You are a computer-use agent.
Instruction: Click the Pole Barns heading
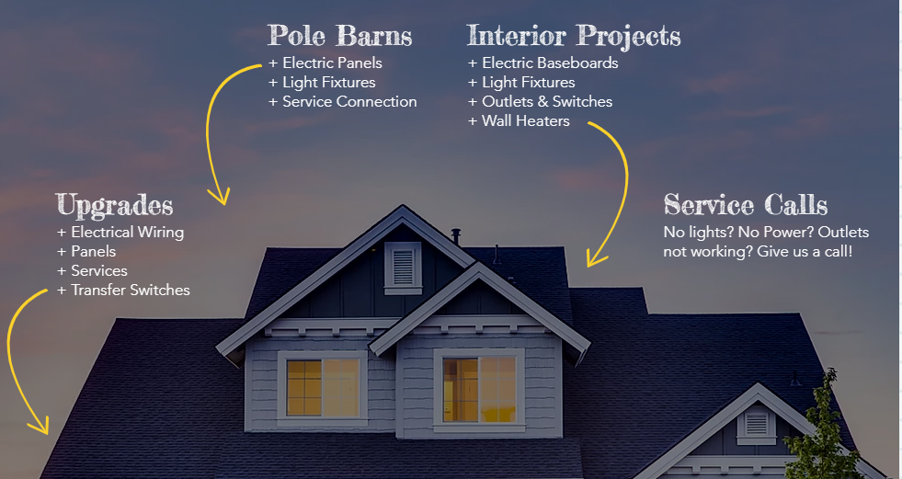click(340, 36)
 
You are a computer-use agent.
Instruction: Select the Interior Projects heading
click(574, 36)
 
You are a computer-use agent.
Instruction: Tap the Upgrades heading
click(115, 206)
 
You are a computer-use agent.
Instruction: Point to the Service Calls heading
click(746, 205)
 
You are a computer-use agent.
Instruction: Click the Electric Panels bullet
click(325, 63)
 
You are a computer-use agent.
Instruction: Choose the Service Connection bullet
click(343, 102)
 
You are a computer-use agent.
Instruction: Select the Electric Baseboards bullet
click(543, 63)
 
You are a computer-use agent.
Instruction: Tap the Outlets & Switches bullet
click(541, 102)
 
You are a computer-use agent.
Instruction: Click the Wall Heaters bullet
click(519, 121)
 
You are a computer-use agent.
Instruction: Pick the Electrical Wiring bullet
click(120, 233)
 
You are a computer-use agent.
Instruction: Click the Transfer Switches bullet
click(124, 291)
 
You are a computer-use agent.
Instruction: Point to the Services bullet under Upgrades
click(93, 271)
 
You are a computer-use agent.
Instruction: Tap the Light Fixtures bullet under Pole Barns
click(322, 82)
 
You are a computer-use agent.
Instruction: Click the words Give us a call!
click(805, 252)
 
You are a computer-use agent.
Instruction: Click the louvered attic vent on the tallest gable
click(403, 268)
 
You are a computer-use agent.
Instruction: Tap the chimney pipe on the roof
click(456, 235)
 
